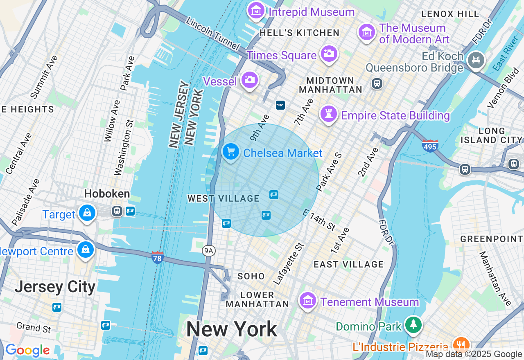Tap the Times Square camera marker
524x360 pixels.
(x=329, y=54)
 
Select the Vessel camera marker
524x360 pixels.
(x=249, y=80)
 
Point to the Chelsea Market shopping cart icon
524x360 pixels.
(x=231, y=152)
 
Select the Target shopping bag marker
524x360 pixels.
(x=87, y=213)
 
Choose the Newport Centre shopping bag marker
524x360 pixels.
(x=86, y=249)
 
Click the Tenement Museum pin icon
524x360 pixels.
(x=308, y=301)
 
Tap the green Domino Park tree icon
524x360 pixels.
(x=413, y=324)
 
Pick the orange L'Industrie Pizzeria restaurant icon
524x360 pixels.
(x=461, y=344)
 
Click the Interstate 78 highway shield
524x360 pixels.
(x=158, y=258)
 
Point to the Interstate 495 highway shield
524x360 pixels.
(x=430, y=146)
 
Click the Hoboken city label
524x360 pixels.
(x=107, y=194)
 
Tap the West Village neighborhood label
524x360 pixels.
(x=224, y=199)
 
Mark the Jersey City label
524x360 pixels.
(x=55, y=287)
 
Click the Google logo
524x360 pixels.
(x=27, y=351)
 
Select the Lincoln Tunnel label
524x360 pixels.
(x=212, y=34)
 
